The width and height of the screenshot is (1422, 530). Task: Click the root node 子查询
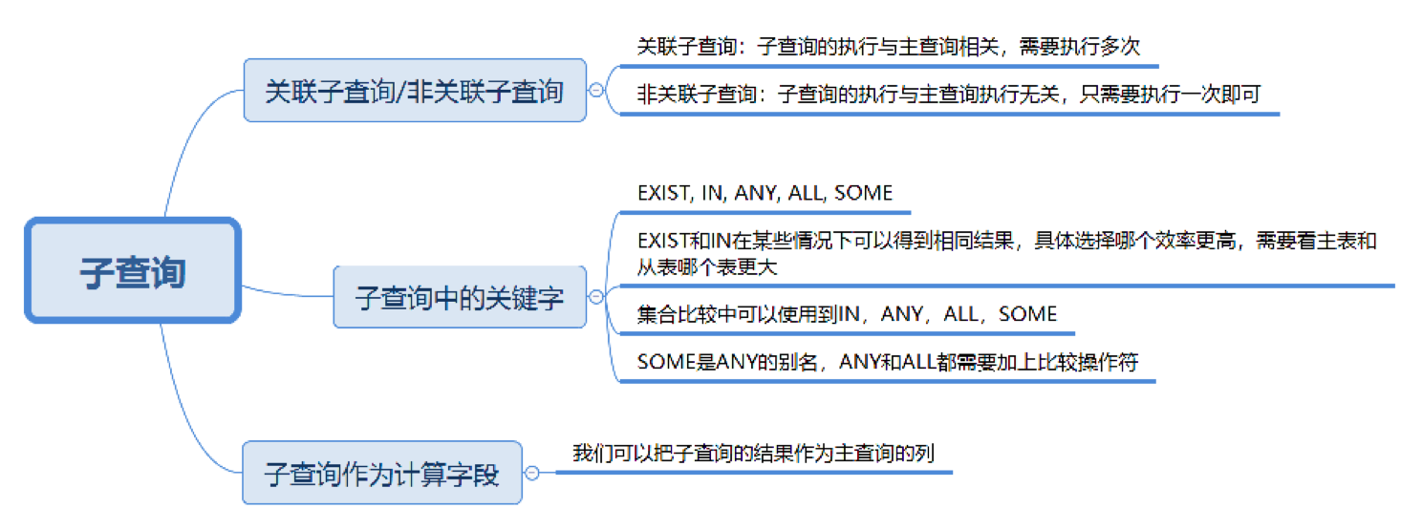(x=133, y=270)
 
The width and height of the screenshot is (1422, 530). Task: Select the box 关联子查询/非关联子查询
(x=415, y=90)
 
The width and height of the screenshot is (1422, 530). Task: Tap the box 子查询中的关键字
(x=460, y=297)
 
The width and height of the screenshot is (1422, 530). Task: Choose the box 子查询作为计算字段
(x=382, y=473)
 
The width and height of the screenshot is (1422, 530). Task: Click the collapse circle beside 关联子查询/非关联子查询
(x=596, y=90)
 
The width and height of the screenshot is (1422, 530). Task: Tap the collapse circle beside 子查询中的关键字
(x=596, y=296)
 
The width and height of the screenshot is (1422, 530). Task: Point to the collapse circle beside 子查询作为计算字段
(x=532, y=473)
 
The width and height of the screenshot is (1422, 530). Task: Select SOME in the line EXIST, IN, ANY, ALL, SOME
(x=863, y=192)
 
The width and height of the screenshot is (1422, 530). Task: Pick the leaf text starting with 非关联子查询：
(x=948, y=94)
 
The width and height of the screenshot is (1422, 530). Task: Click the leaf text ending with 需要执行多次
(x=888, y=46)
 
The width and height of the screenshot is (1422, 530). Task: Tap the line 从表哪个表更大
(x=707, y=267)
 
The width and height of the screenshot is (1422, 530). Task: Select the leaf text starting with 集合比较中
(x=847, y=313)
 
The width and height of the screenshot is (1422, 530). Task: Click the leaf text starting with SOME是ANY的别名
(x=888, y=362)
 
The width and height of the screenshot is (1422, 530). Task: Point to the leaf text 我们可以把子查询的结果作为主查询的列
(x=754, y=454)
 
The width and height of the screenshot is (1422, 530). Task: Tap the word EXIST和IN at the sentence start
(x=684, y=241)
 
